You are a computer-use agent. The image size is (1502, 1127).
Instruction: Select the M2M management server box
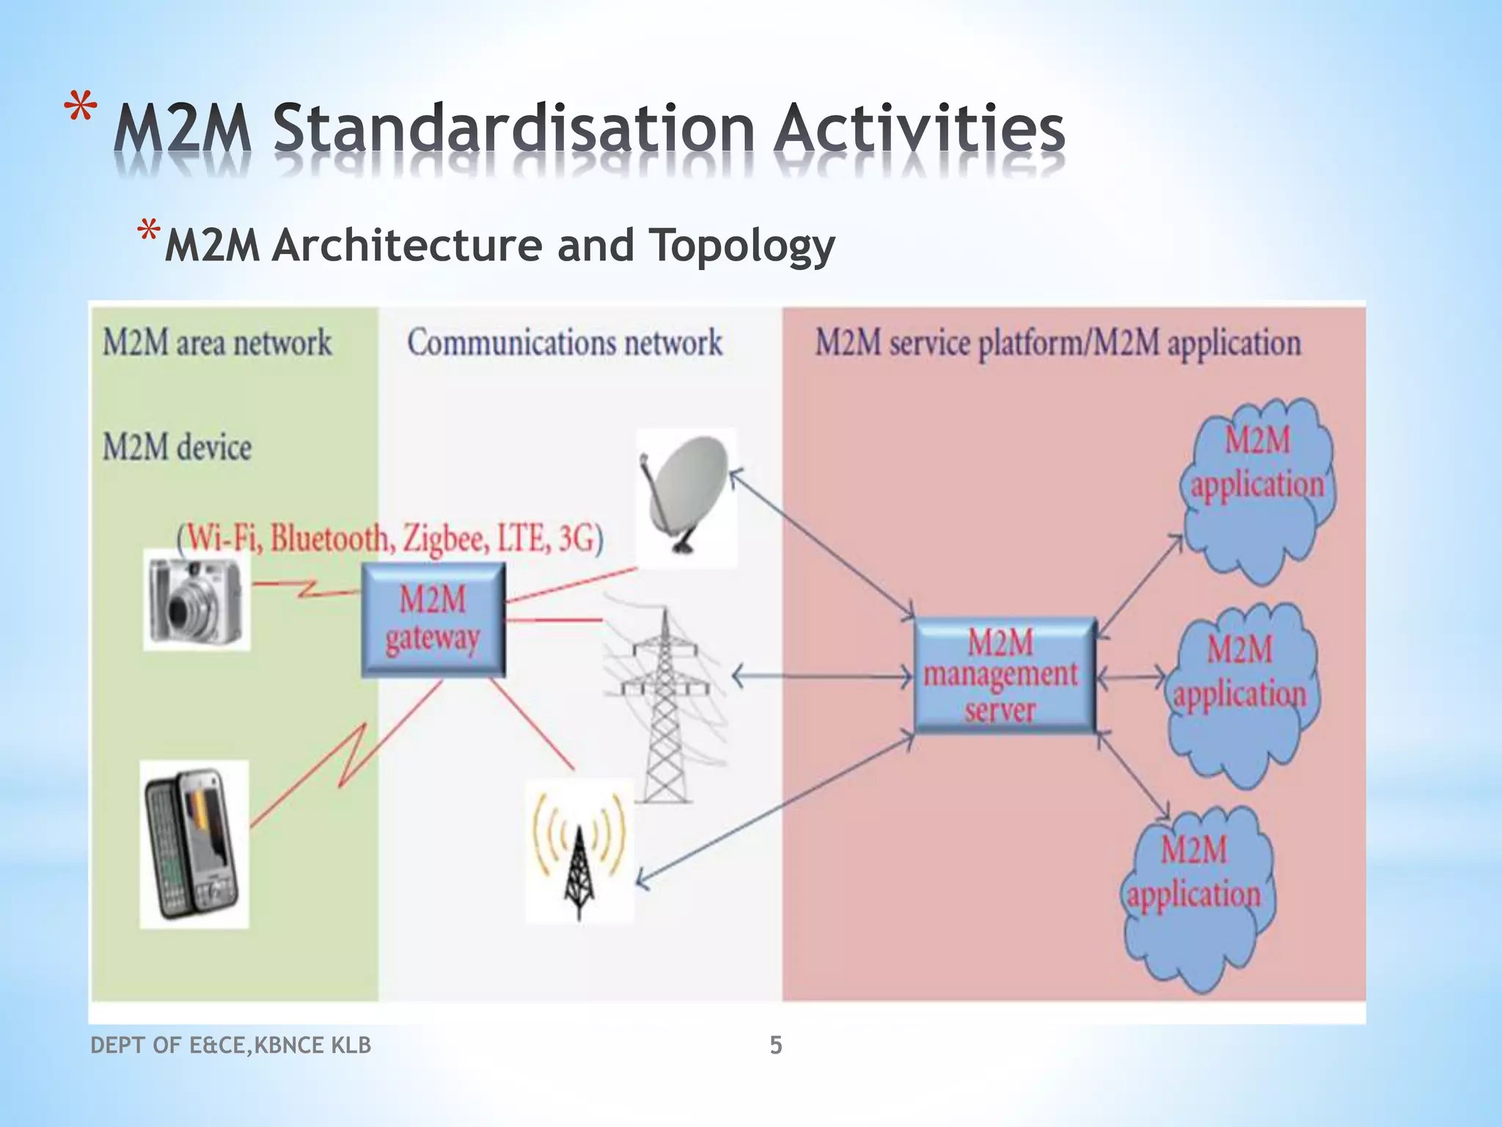[x=1004, y=676]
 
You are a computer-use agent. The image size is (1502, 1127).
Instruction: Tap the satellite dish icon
[x=686, y=497]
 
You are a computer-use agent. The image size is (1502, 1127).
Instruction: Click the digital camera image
[x=196, y=599]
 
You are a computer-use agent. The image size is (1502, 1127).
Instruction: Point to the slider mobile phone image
[x=194, y=844]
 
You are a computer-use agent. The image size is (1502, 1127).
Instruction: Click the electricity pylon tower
[x=664, y=704]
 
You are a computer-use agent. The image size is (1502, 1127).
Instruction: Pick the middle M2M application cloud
[x=1241, y=693]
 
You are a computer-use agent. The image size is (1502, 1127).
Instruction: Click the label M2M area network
[x=216, y=343]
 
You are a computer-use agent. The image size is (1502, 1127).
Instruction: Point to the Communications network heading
[x=565, y=343]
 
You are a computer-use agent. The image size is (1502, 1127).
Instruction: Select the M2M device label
[x=177, y=447]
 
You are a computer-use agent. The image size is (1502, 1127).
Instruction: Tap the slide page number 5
[x=776, y=1045]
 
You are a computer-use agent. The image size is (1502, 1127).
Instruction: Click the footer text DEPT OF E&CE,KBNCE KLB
[x=230, y=1045]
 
